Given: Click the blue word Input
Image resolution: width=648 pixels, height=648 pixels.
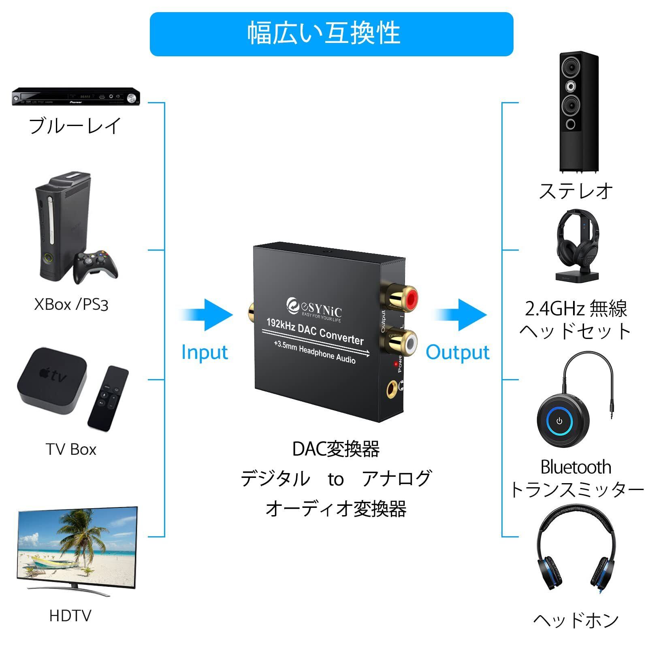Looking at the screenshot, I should pos(204,352).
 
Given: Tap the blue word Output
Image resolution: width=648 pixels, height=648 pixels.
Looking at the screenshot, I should pos(457,352).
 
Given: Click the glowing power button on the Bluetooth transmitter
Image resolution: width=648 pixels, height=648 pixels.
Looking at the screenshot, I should pos(559,421).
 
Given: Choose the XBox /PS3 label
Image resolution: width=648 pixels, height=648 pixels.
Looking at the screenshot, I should pos(71,304).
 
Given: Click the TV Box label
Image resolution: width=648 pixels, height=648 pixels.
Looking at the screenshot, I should pos(71,450).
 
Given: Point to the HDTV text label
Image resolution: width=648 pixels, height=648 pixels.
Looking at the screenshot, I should pos(70,616).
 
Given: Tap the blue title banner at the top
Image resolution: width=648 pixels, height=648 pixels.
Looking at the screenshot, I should pos(331,34).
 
